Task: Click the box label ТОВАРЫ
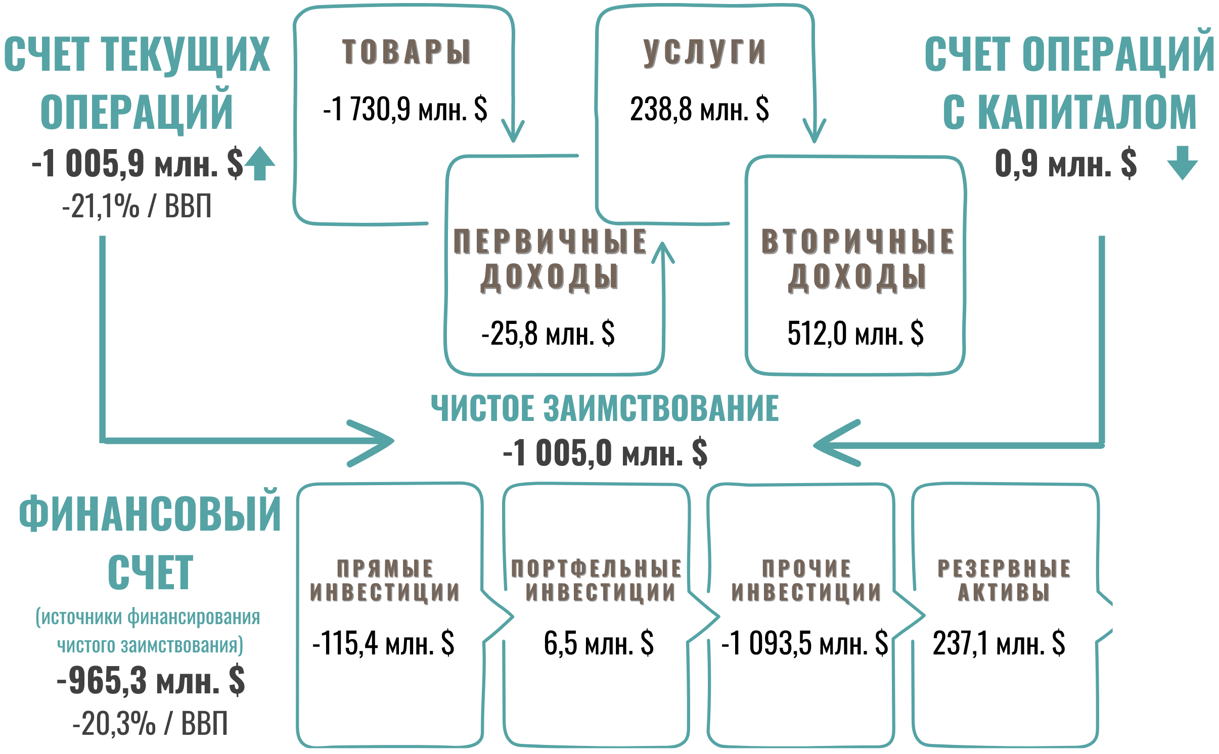tap(407, 52)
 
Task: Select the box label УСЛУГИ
tap(704, 52)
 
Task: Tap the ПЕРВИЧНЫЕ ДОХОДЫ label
tap(550, 259)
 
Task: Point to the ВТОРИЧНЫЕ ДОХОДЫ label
tap(857, 259)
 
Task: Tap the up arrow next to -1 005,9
tap(260, 163)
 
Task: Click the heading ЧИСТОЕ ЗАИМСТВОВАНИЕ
tap(605, 408)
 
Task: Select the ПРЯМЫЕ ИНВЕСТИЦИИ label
tap(385, 580)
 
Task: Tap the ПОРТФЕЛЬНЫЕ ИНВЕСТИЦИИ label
tap(597, 580)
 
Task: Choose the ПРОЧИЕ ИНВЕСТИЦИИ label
tap(806, 580)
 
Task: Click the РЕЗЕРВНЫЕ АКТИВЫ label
tap(1004, 580)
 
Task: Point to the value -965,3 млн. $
tap(151, 681)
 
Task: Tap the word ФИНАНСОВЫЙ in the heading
tap(150, 513)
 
